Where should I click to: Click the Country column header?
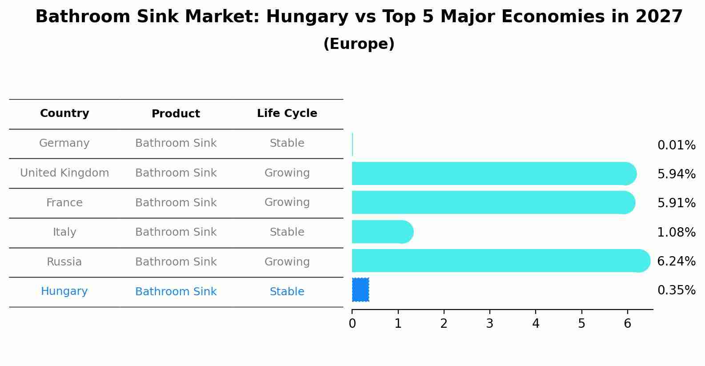point(64,113)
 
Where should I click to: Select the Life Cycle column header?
point(287,113)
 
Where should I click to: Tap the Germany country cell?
point(64,143)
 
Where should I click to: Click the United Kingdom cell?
point(64,173)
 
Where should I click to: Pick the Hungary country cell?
point(64,291)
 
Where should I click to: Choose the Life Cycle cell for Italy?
point(287,232)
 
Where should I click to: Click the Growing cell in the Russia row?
point(287,262)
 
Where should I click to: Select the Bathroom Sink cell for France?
point(176,203)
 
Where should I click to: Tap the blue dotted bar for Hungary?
point(361,290)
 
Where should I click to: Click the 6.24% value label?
point(676,261)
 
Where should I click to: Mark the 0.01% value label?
point(676,145)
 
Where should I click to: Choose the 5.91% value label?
point(676,203)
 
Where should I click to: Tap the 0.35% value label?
point(676,290)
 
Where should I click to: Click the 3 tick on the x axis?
point(489,324)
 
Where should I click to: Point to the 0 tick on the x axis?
point(352,324)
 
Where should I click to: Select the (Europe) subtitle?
point(359,44)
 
